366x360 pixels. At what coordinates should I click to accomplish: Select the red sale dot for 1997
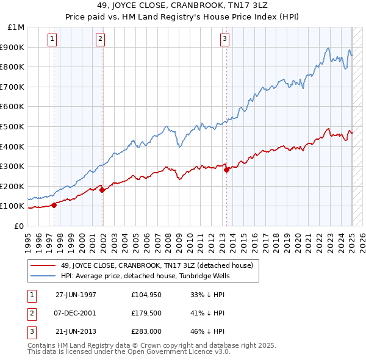click(54, 205)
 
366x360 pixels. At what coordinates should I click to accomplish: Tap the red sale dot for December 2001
click(102, 190)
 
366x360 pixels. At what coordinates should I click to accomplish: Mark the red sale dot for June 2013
click(226, 170)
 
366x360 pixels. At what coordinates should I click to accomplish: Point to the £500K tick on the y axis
click(15, 126)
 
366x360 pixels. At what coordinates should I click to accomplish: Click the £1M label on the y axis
click(16, 27)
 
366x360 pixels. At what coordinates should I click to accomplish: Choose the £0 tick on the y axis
click(20, 226)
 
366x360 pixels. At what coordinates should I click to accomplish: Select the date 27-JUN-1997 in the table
click(76, 295)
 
